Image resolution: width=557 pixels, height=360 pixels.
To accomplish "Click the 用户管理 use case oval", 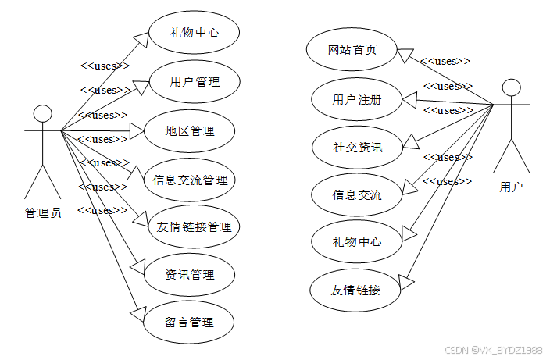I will [x=194, y=82].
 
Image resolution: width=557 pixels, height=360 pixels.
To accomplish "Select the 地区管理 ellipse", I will [x=190, y=130].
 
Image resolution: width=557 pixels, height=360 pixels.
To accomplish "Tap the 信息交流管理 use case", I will [x=191, y=180].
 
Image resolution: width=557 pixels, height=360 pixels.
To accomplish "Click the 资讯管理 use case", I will [x=190, y=275].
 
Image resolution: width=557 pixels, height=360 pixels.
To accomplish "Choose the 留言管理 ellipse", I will [x=190, y=322].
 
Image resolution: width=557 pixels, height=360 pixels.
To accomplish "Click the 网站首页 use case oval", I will [x=352, y=51].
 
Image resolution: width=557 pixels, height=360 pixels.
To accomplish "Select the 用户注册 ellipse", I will [x=357, y=99].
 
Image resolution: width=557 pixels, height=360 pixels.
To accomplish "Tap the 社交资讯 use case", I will [x=357, y=146].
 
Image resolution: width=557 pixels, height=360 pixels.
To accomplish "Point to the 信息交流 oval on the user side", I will [x=357, y=194].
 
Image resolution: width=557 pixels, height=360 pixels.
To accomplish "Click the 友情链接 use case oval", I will [x=356, y=290].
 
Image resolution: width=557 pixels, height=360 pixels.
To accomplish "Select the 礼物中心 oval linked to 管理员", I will [x=194, y=34].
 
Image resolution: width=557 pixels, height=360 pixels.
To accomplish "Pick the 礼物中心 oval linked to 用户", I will [x=357, y=241].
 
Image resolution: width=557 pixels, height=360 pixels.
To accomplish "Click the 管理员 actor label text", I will [x=43, y=212].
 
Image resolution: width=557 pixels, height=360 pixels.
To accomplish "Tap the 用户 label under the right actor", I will [x=512, y=187].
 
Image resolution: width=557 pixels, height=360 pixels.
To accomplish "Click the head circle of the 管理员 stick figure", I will [x=43, y=113].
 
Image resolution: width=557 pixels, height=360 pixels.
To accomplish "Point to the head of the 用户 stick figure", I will [x=511, y=86].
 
